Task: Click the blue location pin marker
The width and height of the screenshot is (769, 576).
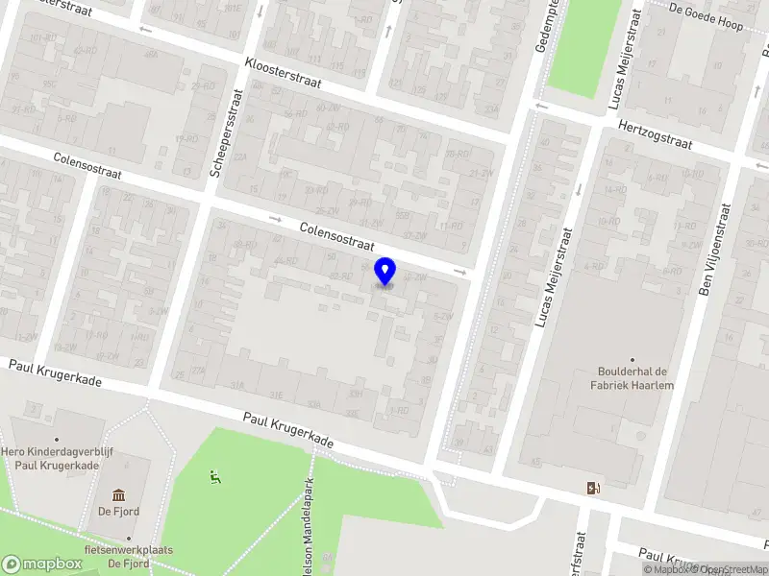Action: click(x=385, y=272)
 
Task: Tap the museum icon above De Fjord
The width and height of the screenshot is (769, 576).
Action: click(x=118, y=495)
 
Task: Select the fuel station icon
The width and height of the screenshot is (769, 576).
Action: click(x=592, y=487)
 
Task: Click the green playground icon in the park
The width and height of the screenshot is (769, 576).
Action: click(x=214, y=474)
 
